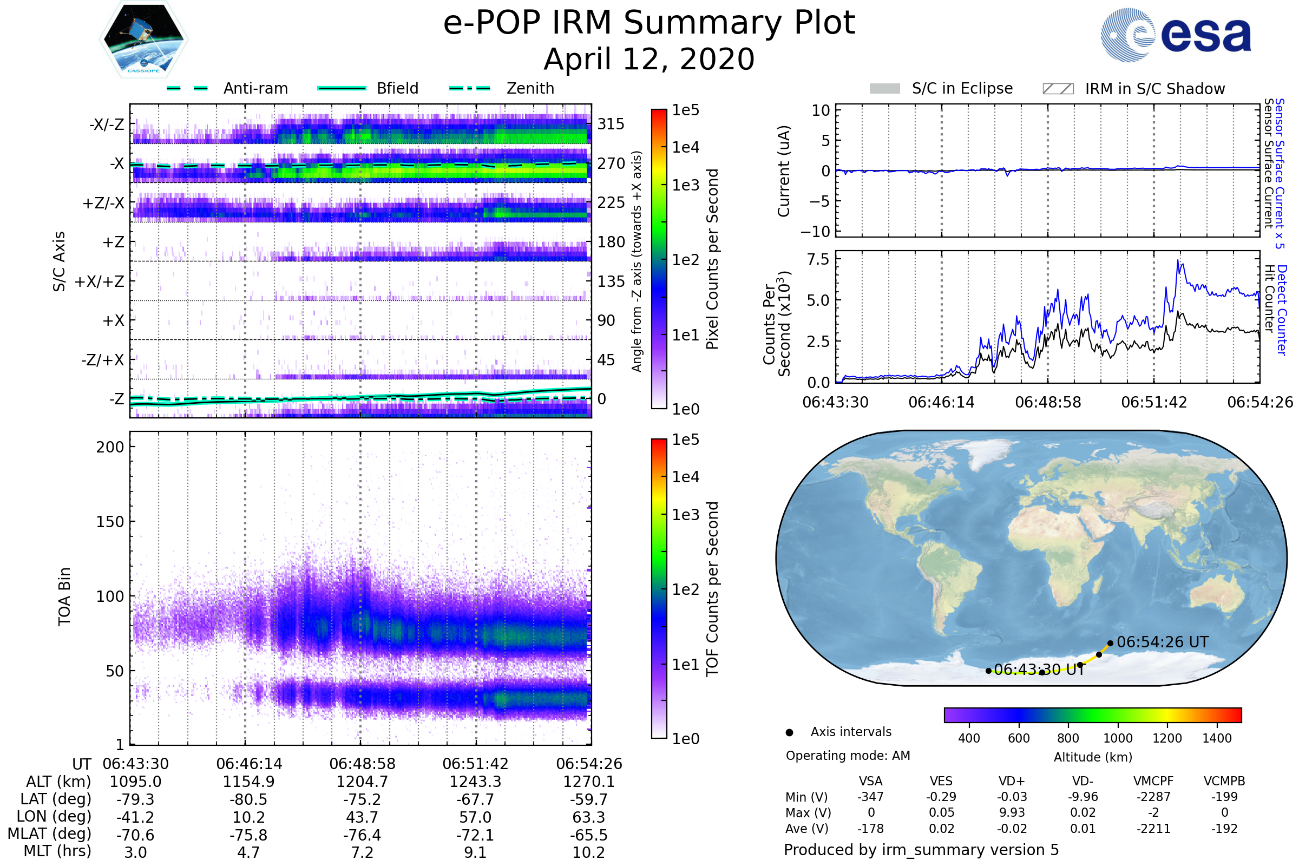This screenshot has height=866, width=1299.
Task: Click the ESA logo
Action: tap(1176, 34)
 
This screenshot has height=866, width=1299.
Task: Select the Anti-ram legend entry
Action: tap(227, 88)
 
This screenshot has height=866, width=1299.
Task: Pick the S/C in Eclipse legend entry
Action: tap(941, 88)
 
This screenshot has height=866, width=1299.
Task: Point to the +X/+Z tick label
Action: tap(100, 281)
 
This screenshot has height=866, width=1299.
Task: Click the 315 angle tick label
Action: tap(611, 124)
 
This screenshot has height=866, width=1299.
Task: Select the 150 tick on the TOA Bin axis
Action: tap(110, 522)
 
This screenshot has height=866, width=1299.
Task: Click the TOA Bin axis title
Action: tap(64, 596)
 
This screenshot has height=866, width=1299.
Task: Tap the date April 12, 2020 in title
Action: tap(649, 59)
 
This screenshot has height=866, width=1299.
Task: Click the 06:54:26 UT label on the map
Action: tap(1163, 642)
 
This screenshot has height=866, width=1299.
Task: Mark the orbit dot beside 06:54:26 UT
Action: tap(1110, 643)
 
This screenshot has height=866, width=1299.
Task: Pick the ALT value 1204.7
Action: tap(362, 782)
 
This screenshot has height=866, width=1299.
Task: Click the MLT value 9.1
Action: tap(476, 852)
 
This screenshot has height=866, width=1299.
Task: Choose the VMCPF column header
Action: tap(1153, 781)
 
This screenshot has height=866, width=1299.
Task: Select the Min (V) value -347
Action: tap(870, 796)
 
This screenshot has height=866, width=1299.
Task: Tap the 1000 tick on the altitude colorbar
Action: tap(1118, 738)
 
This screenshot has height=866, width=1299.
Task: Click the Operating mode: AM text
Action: tap(848, 756)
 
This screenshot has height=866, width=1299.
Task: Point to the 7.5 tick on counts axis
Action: tap(818, 259)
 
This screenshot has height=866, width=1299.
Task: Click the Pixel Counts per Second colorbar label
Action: tap(712, 259)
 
